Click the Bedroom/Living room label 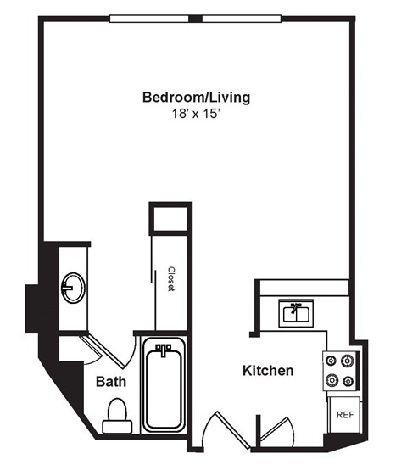196,98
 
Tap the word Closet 170,279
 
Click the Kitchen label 268,371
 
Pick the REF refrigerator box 344,415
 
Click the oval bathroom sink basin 72,287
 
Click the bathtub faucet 164,348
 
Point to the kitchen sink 296,313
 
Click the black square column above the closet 168,217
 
